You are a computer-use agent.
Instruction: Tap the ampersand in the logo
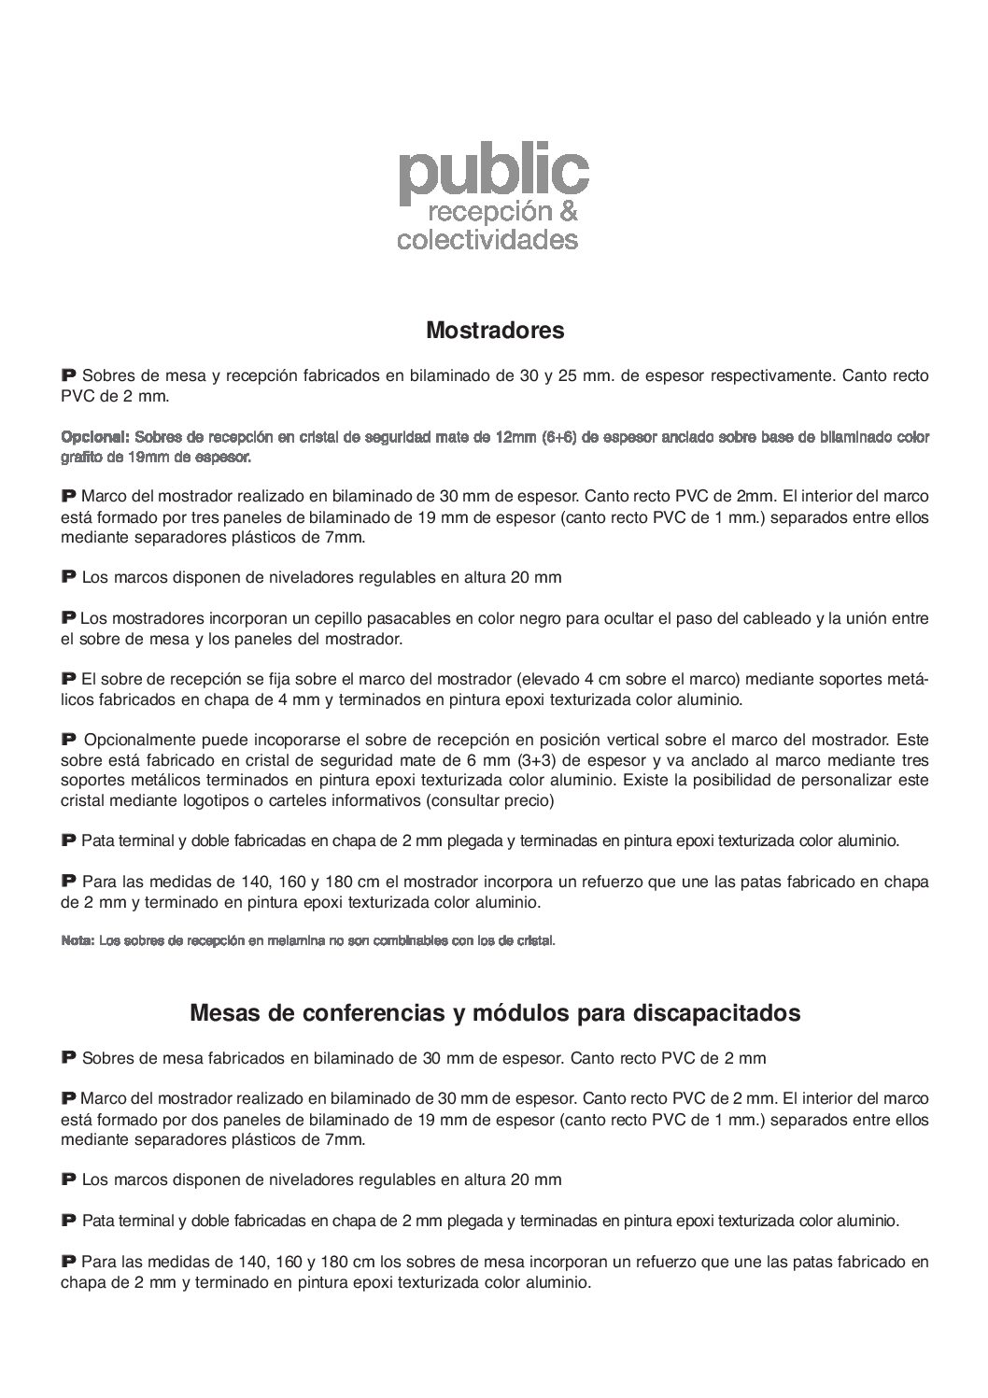coord(568,213)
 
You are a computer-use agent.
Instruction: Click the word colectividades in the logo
coord(487,240)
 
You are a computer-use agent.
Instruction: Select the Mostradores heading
coord(495,330)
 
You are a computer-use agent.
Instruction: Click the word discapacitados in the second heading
coord(716,1013)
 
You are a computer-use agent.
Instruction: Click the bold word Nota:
coord(77,940)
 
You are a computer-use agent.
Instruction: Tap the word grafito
coord(81,458)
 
